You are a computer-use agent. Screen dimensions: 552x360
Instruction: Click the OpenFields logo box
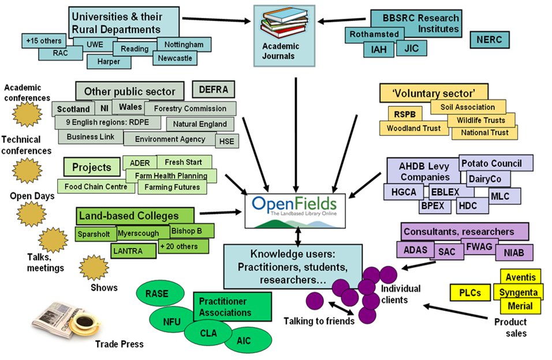[x=295, y=211]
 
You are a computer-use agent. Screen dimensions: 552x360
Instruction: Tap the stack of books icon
[x=284, y=24]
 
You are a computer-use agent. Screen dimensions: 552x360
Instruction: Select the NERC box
[x=489, y=39]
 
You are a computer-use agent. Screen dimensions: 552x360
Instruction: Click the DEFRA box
[x=213, y=90]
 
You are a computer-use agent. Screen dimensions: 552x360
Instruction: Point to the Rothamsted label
[x=374, y=34]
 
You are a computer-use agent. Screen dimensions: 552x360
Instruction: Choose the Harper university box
[x=109, y=62]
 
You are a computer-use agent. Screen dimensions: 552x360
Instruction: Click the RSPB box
[x=405, y=114]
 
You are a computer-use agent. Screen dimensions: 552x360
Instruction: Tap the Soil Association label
[x=468, y=107]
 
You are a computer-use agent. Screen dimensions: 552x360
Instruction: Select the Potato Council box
[x=495, y=163]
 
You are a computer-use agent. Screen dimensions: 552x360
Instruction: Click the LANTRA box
[x=133, y=251]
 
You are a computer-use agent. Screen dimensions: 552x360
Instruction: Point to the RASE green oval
[x=160, y=294]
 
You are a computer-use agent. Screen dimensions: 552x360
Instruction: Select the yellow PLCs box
[x=470, y=292]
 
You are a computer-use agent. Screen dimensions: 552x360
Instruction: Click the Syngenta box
[x=518, y=292]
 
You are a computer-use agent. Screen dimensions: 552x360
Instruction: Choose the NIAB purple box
[x=514, y=253]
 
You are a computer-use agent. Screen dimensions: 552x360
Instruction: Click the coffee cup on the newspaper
[x=84, y=323]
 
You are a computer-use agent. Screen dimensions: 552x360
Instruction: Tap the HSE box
[x=227, y=141]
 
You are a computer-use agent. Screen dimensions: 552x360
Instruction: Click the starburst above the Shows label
[x=94, y=268]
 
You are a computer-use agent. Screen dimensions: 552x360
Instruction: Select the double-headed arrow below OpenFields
[x=298, y=236]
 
